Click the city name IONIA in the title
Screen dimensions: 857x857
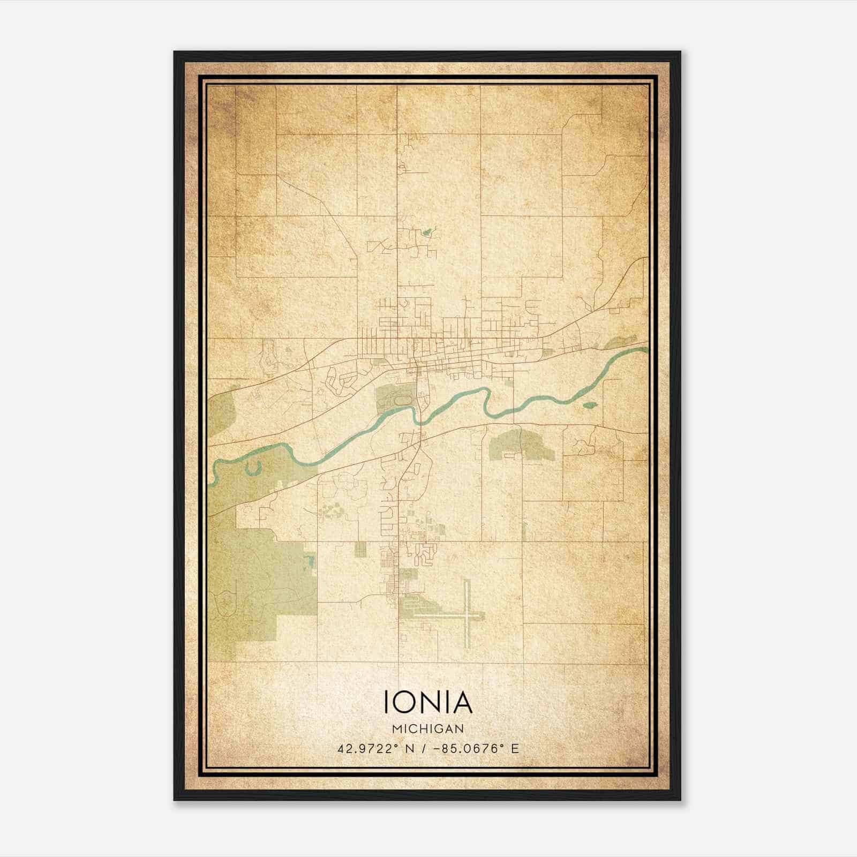tap(428, 702)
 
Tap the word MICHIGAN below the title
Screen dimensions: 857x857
tap(428, 728)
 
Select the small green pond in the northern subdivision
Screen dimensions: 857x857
tap(427, 232)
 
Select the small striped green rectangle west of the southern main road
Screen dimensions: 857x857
tap(359, 548)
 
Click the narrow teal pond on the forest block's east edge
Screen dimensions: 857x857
tap(309, 561)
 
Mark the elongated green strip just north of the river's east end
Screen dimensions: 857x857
tap(621, 342)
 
